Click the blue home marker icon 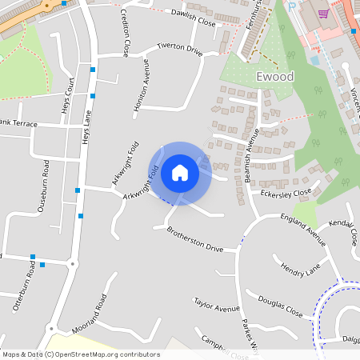(x=180, y=173)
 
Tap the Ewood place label (x=276, y=77)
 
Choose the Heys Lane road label (x=86, y=126)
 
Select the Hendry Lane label (x=300, y=270)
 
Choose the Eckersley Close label (x=285, y=193)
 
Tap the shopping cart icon (x=323, y=14)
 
